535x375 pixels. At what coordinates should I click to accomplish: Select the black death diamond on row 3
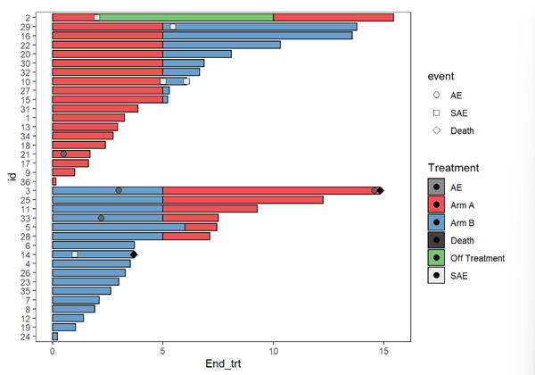coord(381,190)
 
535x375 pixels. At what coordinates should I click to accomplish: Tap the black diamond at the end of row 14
coord(134,254)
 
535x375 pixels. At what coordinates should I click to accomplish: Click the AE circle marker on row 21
coord(63,154)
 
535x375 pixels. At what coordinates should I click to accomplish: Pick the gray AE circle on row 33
coord(101,218)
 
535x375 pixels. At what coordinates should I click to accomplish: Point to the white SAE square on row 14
coord(75,254)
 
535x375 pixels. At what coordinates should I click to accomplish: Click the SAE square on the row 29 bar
coord(173,27)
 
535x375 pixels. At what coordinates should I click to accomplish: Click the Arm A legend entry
coord(436,204)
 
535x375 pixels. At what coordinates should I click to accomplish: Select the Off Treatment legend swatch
coord(436,258)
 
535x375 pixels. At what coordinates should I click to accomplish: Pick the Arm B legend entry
coord(436,222)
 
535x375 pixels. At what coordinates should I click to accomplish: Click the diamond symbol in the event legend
coord(436,130)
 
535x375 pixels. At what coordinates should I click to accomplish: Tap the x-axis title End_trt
coord(230,364)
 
